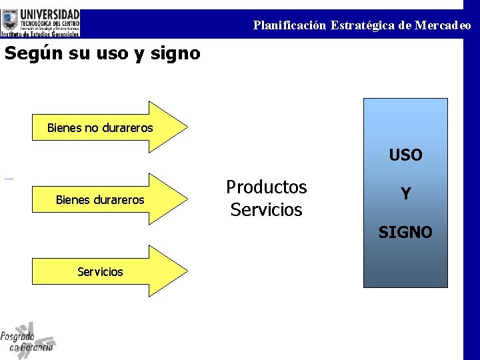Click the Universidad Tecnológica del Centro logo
click(x=41, y=22)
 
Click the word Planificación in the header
click(x=289, y=25)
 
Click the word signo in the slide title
click(x=177, y=53)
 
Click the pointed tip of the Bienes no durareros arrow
click(x=185, y=127)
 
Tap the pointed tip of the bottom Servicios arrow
click(x=185, y=271)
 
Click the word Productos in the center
click(x=266, y=187)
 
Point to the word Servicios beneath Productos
click(x=266, y=209)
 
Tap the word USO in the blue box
click(x=405, y=155)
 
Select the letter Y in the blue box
click(x=405, y=194)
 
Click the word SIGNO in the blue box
click(x=405, y=232)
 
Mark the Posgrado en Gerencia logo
click(x=28, y=340)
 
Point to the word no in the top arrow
click(x=91, y=127)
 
